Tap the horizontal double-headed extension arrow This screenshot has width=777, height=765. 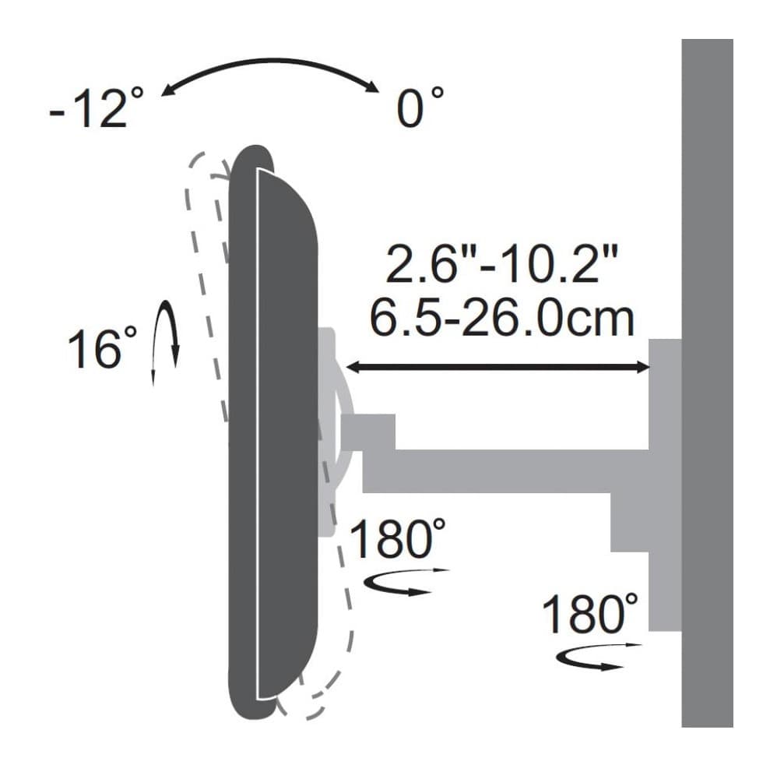point(498,368)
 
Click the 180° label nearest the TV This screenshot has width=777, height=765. point(398,538)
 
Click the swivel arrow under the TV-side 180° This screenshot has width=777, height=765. point(397,581)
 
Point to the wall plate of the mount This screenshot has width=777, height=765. point(665,483)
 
